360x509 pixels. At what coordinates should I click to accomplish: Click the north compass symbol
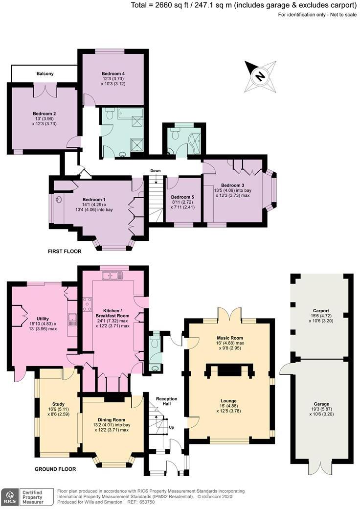click(261, 76)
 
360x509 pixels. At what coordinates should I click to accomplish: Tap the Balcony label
click(45, 73)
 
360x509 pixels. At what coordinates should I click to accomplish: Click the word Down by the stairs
click(156, 171)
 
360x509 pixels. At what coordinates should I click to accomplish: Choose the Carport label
click(321, 310)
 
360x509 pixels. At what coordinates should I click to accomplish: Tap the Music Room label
click(229, 338)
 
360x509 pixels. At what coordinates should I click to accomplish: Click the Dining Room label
click(113, 420)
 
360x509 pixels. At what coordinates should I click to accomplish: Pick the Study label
click(58, 391)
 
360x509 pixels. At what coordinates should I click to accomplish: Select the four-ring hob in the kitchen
click(89, 305)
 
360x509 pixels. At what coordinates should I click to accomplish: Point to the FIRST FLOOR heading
click(65, 252)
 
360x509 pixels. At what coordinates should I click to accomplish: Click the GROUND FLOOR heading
click(55, 469)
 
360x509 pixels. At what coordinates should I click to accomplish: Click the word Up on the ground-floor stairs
click(171, 427)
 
